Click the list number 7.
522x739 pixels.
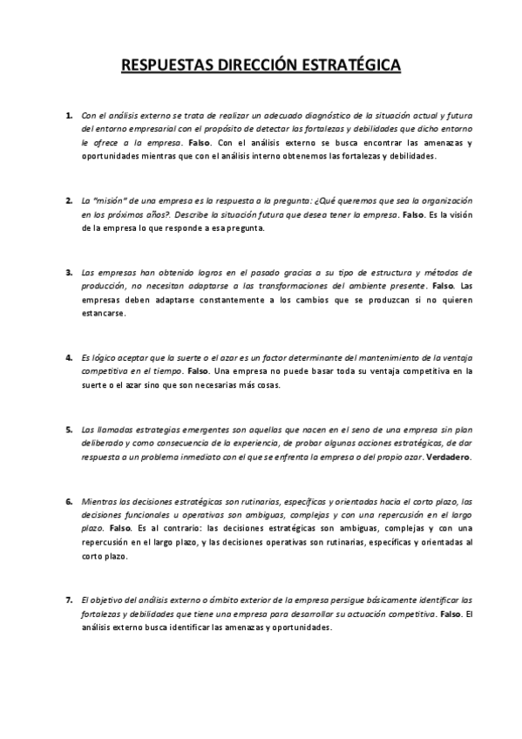point(69,600)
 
